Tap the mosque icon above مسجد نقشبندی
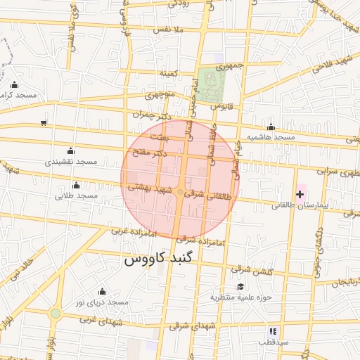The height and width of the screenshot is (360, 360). click(70, 150)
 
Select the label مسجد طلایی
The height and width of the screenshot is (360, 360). click(76, 196)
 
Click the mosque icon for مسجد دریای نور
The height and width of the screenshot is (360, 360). click(102, 291)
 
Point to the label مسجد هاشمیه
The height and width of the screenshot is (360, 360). click(270, 136)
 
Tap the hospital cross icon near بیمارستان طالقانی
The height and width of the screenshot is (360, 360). click(300, 193)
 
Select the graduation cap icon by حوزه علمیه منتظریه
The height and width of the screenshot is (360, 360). click(240, 286)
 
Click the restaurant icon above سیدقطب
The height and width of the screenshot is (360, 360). click(273, 331)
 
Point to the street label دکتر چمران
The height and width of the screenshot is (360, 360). click(151, 114)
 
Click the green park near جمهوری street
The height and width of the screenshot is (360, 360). click(210, 82)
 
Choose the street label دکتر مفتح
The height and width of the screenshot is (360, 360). click(150, 152)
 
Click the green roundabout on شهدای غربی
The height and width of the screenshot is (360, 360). click(56, 314)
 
